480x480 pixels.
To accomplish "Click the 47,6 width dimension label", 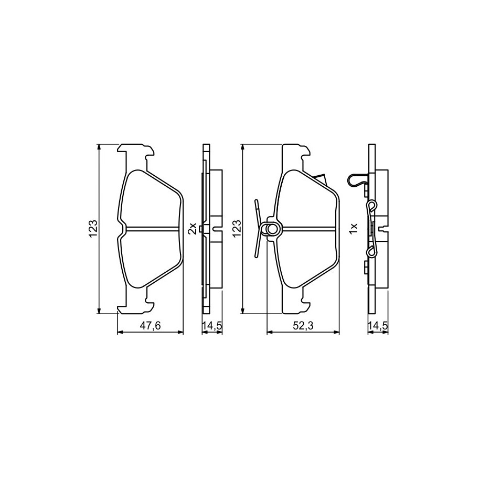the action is [150, 326].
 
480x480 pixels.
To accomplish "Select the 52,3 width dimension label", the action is [303, 326].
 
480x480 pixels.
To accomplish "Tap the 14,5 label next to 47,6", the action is [212, 326].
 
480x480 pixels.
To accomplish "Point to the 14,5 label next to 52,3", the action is [378, 326].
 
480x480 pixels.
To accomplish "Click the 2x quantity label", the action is [192, 228].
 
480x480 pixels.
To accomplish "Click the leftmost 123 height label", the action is [93, 228].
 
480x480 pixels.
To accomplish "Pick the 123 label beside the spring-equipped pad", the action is [238, 228].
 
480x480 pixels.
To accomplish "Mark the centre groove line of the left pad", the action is [153, 228].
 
